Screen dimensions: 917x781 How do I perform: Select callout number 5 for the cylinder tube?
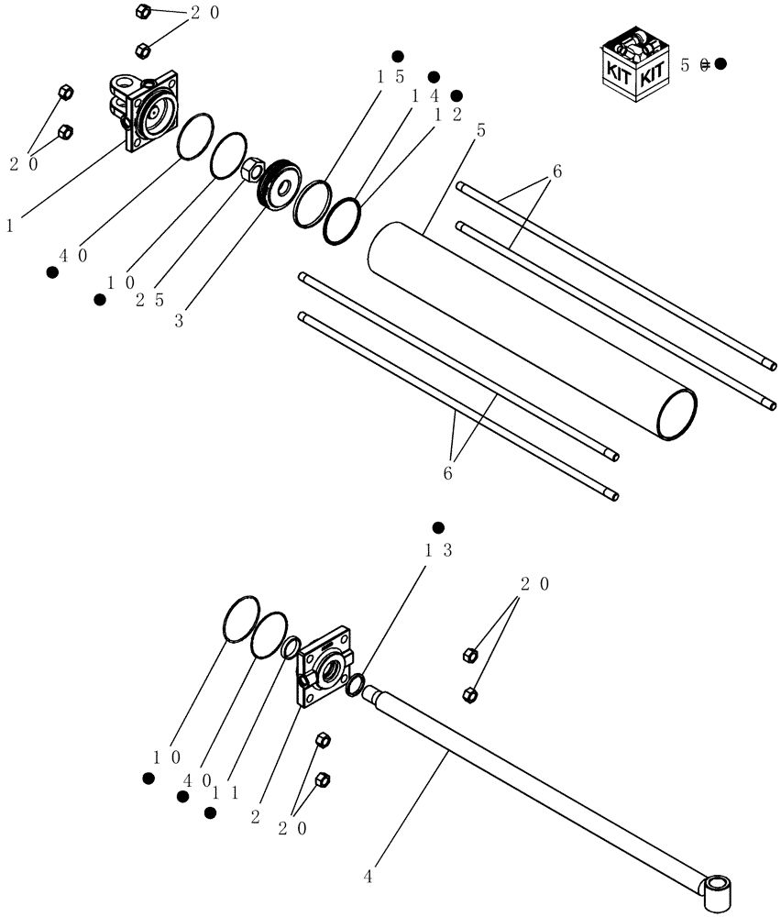pos(480,130)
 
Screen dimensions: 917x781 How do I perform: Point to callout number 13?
pos(437,550)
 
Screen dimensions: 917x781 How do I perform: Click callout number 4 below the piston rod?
pos(368,876)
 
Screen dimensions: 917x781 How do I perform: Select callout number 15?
pos(390,78)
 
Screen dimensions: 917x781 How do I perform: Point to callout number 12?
pos(447,115)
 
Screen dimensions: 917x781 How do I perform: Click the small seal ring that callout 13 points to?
pos(355,684)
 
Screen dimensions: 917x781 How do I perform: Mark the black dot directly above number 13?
pos(438,527)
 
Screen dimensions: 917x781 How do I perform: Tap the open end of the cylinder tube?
pos(676,414)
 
